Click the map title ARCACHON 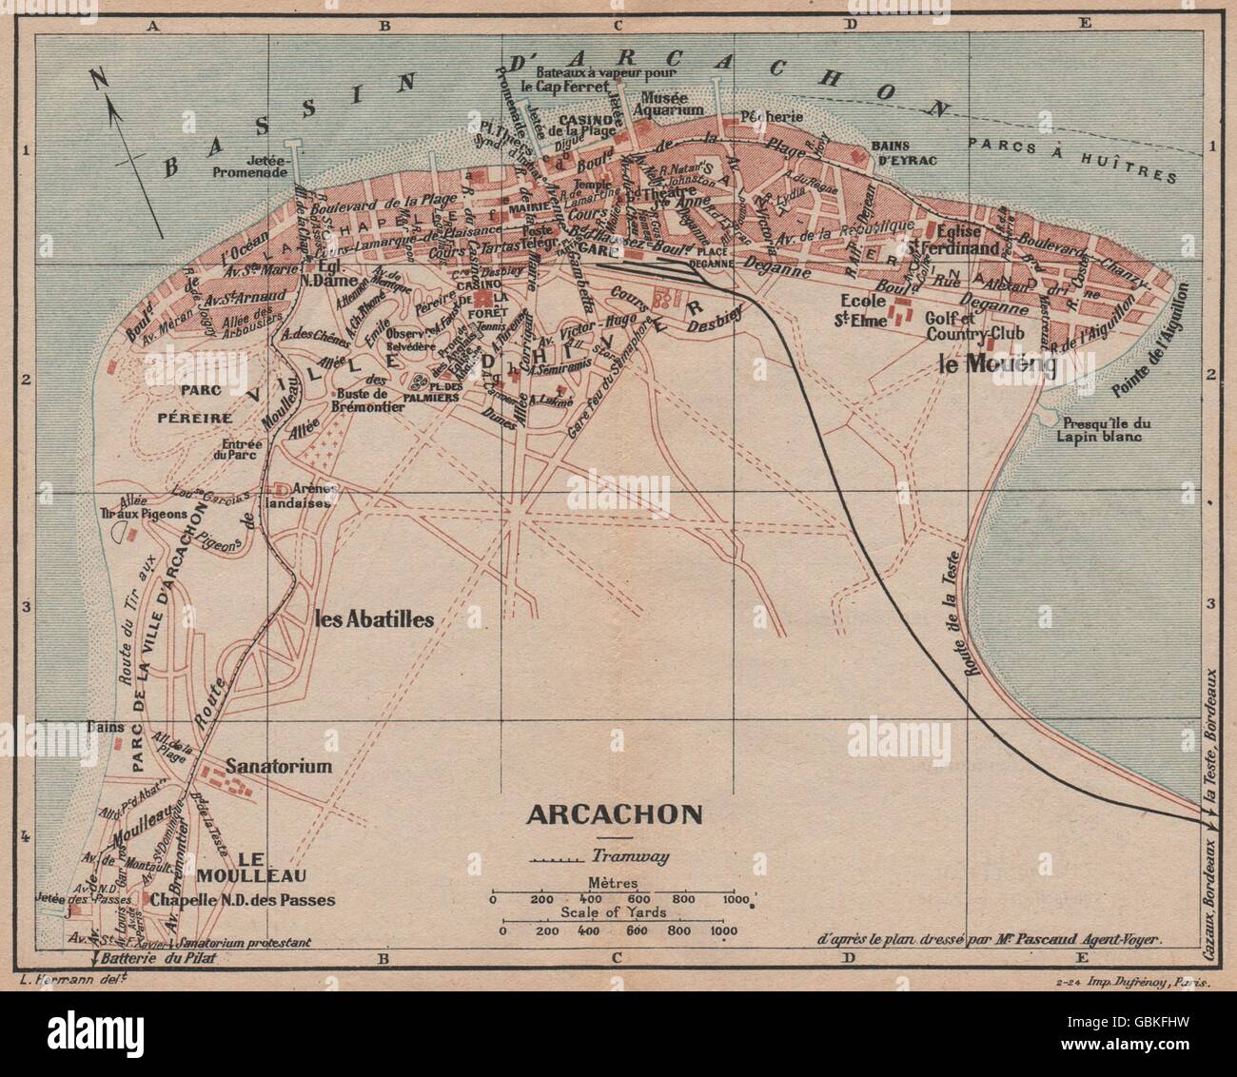[615, 814]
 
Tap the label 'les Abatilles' [374, 619]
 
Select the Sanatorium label [279, 766]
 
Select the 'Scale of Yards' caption [614, 912]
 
